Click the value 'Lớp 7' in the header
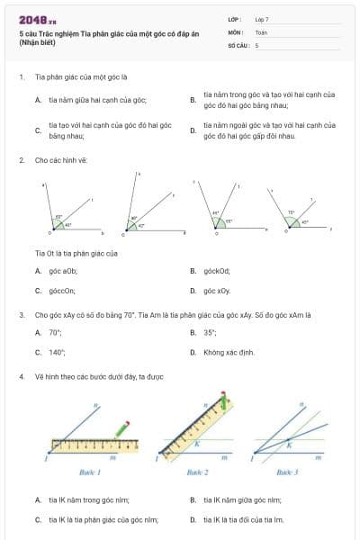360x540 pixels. click(x=262, y=19)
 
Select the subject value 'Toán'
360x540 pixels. click(x=261, y=31)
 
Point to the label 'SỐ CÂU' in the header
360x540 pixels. click(x=238, y=44)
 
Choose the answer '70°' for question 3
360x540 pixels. click(x=55, y=332)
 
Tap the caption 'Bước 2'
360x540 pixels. click(x=197, y=472)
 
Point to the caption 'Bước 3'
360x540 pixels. click(x=286, y=472)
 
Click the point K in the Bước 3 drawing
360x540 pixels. click(x=289, y=442)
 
